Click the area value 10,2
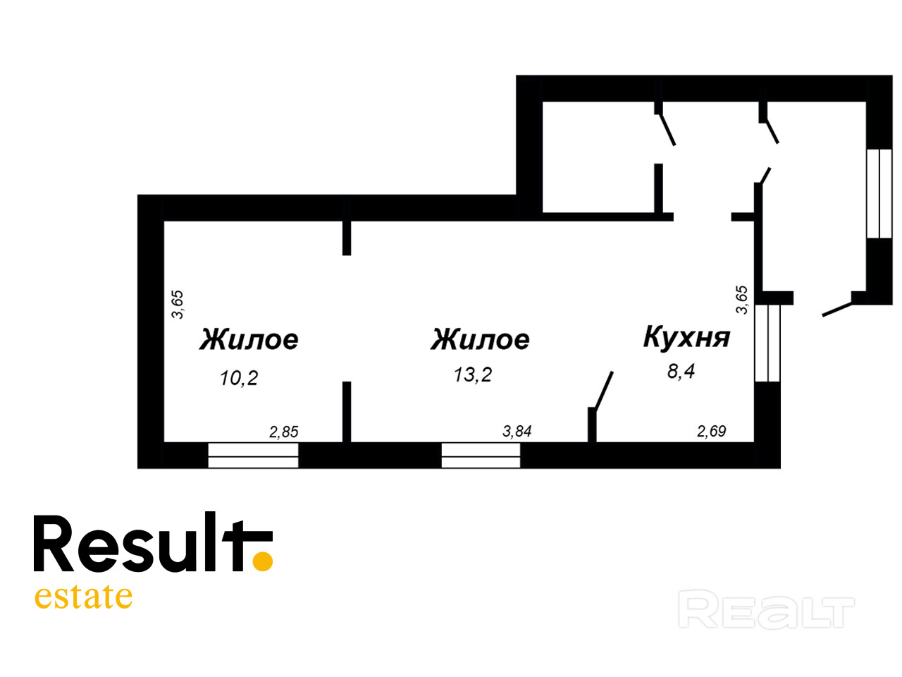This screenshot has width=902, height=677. point(239,378)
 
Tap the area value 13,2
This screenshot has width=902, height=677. point(472,374)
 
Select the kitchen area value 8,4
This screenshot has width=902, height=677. point(681,370)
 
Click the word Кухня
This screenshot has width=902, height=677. point(686,338)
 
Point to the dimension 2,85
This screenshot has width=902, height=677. point(284,432)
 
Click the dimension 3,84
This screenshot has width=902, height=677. point(517,431)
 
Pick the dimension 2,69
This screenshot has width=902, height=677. point(711,431)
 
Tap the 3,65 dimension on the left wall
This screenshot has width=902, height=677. point(178,304)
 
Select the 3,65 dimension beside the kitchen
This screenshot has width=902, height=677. point(741,299)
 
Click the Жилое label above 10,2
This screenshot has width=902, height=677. point(249,339)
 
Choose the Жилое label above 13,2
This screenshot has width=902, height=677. point(480,339)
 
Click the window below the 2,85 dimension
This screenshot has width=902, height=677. point(254,456)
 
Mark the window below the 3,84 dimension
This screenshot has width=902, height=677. point(481,456)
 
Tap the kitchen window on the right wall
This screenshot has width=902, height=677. point(767,343)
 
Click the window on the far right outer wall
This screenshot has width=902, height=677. point(879,193)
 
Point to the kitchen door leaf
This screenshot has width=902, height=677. point(604,390)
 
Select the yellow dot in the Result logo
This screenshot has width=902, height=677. point(263,561)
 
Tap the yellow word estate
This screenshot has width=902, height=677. point(83,597)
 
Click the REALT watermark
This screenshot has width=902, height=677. point(766,610)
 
